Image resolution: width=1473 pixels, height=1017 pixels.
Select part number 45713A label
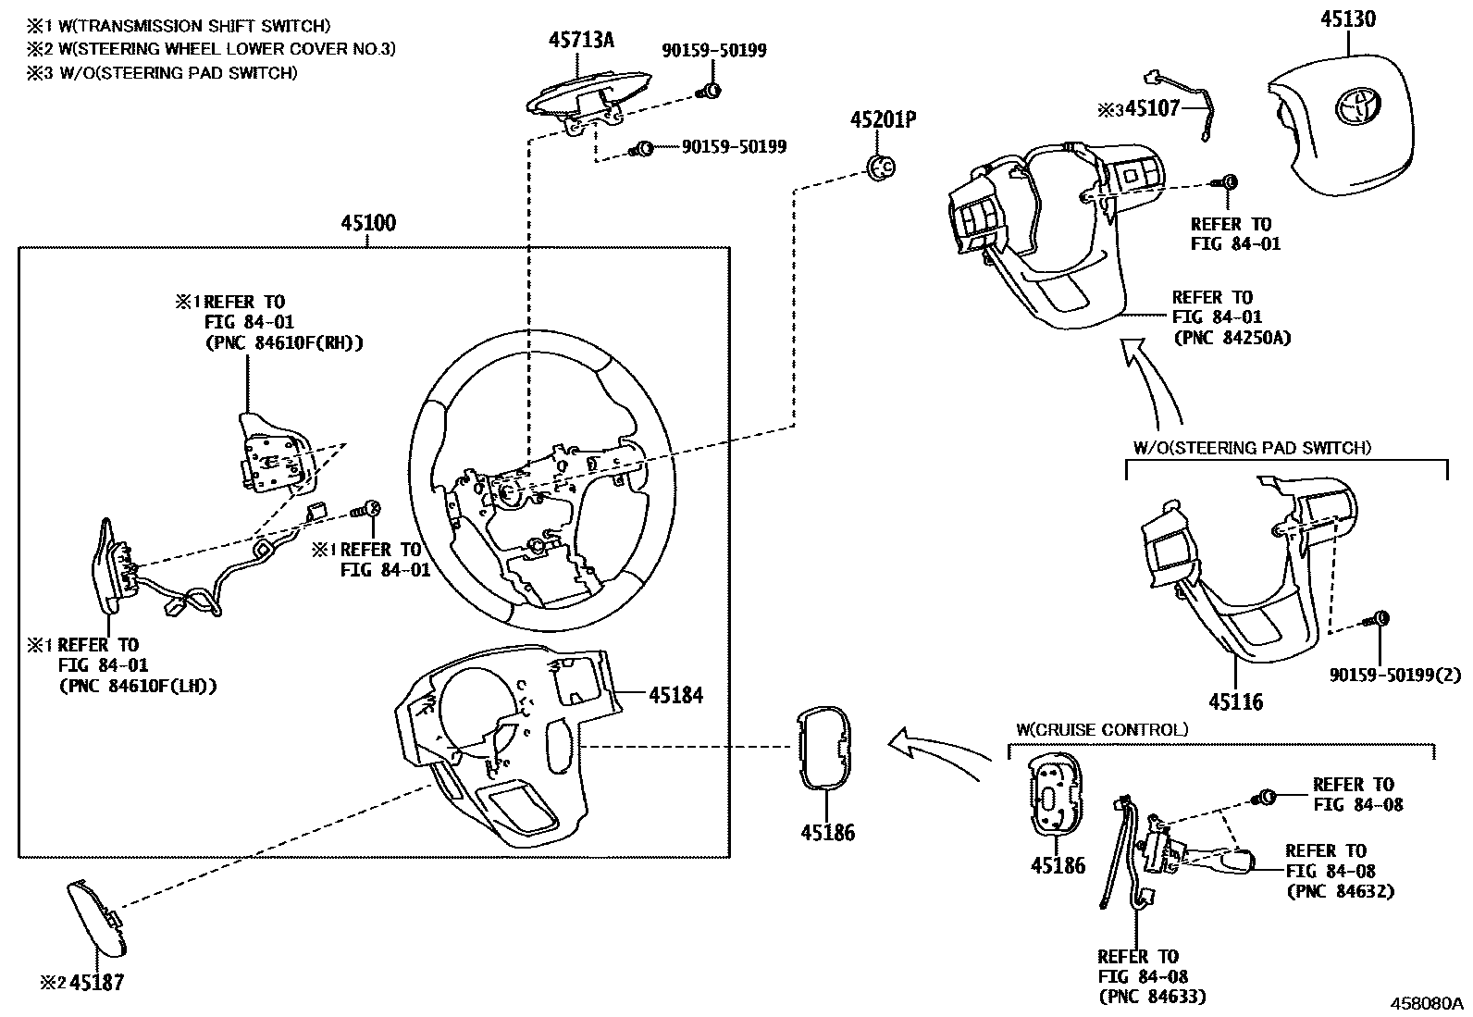[581, 40]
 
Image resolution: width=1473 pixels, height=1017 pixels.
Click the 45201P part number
[884, 120]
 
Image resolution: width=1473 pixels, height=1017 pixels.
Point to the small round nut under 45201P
[881, 167]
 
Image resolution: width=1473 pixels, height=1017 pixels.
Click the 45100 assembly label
[368, 223]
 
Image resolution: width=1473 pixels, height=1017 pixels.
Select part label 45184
[675, 694]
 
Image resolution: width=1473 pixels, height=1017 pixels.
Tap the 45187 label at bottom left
[95, 983]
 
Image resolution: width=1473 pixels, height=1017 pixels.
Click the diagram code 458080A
[1424, 1004]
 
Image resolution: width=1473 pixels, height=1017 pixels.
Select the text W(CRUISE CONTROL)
[1101, 730]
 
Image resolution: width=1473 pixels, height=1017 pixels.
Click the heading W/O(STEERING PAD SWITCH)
[1252, 448]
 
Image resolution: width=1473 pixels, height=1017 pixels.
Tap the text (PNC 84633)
[1152, 997]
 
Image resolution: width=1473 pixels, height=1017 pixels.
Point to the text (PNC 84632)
[1340, 891]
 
